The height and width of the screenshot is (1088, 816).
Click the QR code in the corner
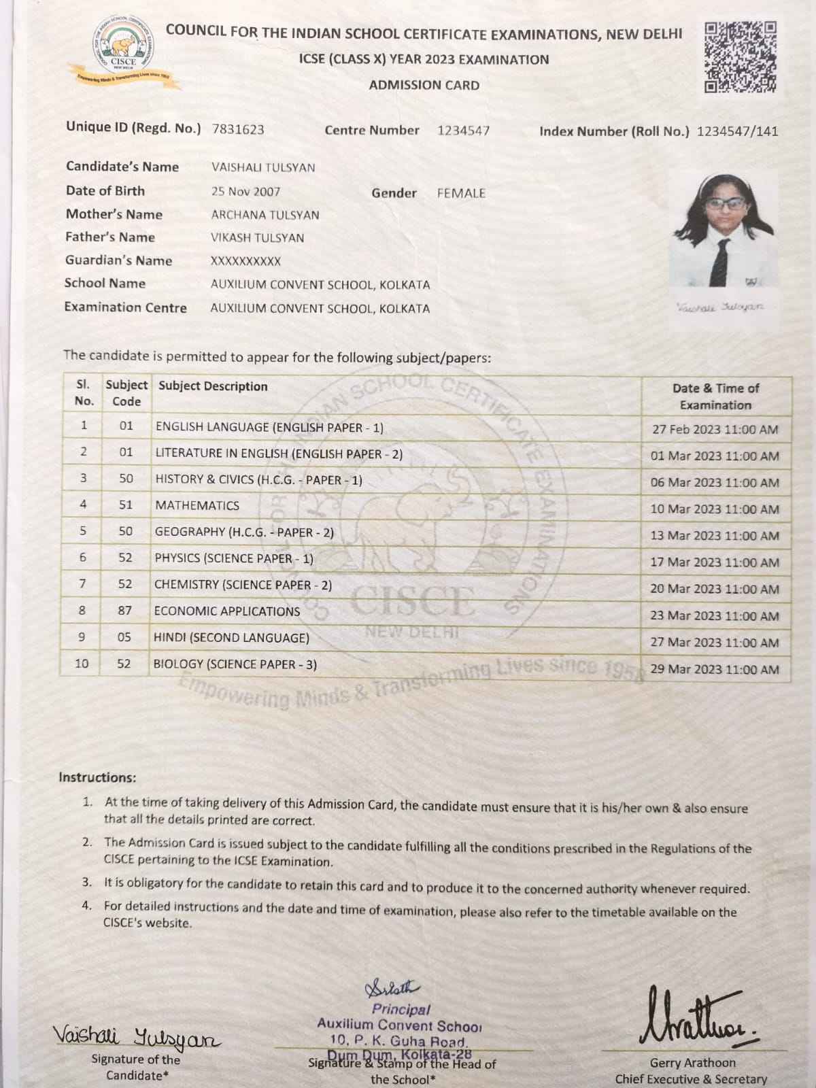[x=741, y=57]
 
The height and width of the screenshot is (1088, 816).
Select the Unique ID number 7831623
[x=238, y=129]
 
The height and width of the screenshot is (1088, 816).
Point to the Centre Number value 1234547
[x=463, y=131]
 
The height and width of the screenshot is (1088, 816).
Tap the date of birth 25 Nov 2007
[x=245, y=192]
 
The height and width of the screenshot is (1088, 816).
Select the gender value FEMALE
[x=461, y=193]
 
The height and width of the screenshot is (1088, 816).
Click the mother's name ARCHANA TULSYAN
[x=265, y=215]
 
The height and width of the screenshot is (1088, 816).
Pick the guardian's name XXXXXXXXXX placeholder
[x=245, y=261]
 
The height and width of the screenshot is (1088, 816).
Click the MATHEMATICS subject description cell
[x=197, y=505]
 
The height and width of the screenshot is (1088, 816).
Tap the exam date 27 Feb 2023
[x=714, y=430]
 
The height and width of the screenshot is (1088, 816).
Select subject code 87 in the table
[x=125, y=611]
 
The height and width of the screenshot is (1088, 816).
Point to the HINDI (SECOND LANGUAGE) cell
[x=231, y=638]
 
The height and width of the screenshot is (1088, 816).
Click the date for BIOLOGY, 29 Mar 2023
[x=714, y=669]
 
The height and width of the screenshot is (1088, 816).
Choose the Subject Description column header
[x=213, y=386]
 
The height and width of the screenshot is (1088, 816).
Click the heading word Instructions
[x=97, y=777]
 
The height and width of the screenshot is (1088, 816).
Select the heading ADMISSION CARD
[x=424, y=86]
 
